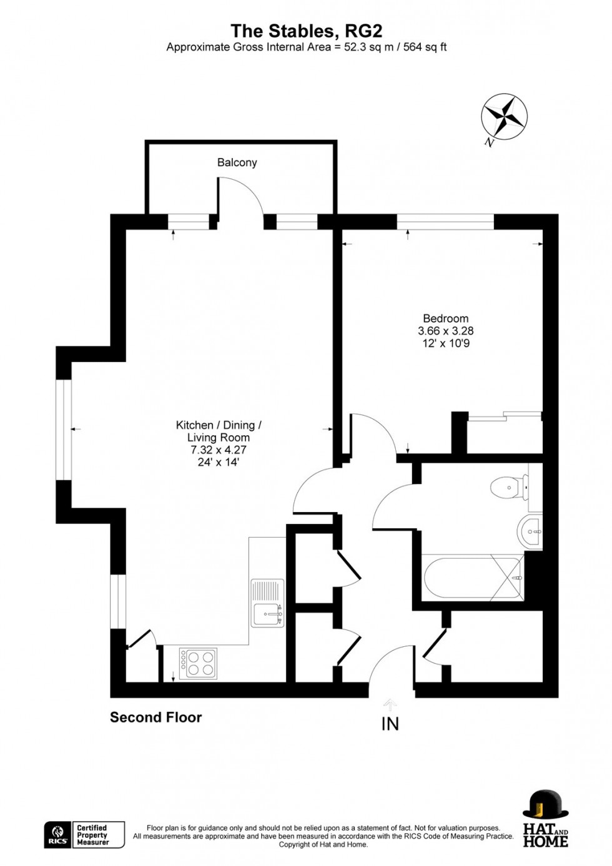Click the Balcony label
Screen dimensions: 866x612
coord(237,162)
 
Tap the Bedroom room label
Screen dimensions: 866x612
coord(445,318)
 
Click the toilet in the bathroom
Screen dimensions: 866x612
coord(506,486)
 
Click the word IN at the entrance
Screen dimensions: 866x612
coord(390,724)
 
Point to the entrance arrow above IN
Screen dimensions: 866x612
coord(390,705)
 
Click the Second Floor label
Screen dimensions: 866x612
coord(155,717)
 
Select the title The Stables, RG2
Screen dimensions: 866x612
coord(306,31)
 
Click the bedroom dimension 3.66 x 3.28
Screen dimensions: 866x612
coord(445,331)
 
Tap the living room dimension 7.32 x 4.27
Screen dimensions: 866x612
coord(218,450)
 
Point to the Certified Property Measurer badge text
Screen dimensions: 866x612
coord(92,835)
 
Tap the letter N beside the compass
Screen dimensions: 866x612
coord(489,143)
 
